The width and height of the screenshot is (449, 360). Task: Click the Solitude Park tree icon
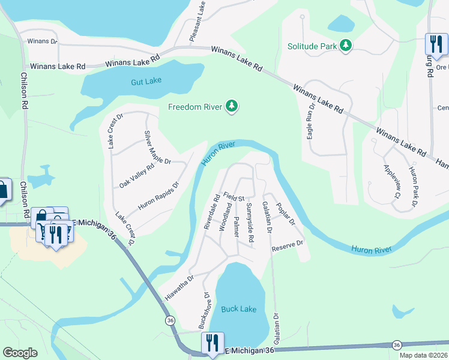coord(345,46)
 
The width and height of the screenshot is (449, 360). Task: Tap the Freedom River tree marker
coord(232,107)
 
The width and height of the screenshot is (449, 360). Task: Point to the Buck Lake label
coord(238,309)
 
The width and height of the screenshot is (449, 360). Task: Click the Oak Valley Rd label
coord(137,176)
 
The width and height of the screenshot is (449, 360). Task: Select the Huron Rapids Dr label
coord(158,195)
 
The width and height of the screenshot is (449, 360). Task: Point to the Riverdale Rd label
coord(211,211)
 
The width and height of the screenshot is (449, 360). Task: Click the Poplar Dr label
coord(285,214)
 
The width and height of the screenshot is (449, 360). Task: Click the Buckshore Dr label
coord(203,310)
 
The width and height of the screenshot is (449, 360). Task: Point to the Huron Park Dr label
coord(413,187)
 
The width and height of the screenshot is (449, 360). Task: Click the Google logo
coord(20,353)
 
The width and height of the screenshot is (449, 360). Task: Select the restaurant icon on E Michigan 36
coord(212,343)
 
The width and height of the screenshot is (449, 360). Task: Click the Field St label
coord(234,196)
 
